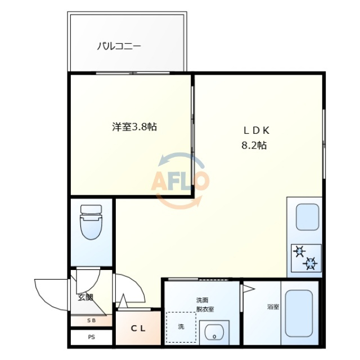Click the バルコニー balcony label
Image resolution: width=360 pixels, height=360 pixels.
pos(119,46)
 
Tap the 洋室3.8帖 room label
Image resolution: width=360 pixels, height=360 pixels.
pos(134,127)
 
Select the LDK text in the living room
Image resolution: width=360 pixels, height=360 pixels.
pos(256,130)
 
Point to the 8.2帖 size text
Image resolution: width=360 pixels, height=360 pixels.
pos(254,145)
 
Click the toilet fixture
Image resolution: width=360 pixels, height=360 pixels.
pos(91,222)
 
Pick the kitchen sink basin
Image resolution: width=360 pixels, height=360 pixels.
pos(308,217)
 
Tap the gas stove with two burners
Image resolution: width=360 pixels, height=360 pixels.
pos(306,258)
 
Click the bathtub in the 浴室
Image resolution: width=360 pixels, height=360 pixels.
pos(299,314)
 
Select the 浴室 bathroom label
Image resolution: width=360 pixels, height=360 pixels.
pos(273,307)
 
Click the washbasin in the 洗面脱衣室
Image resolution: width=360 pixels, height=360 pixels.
pos(214,332)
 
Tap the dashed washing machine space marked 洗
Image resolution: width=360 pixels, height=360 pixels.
pos(181,327)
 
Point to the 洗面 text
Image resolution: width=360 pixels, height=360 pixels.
pos(202,300)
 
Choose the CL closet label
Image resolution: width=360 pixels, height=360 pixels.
pos(138,328)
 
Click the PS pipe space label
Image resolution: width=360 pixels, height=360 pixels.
pos(91,337)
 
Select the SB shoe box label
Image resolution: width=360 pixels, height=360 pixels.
pos(91,321)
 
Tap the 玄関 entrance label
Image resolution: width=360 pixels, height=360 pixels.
pos(85,298)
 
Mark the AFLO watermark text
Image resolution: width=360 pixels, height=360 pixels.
pos(180,181)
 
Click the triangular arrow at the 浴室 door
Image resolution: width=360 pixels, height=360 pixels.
pos(249,289)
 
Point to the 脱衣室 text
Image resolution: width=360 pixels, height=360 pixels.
pos(205,309)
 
